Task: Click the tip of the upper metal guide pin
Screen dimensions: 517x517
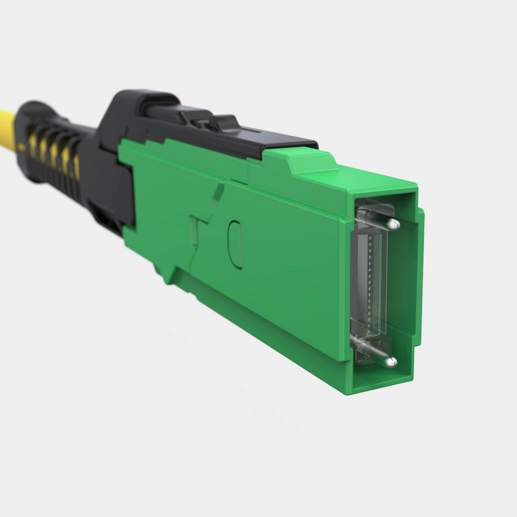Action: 394,223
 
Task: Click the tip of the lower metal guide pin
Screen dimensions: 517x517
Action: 390,362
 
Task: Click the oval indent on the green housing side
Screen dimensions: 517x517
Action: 234,243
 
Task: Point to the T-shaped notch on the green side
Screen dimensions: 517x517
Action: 199,232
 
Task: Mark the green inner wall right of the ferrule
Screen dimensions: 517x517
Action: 403,289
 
